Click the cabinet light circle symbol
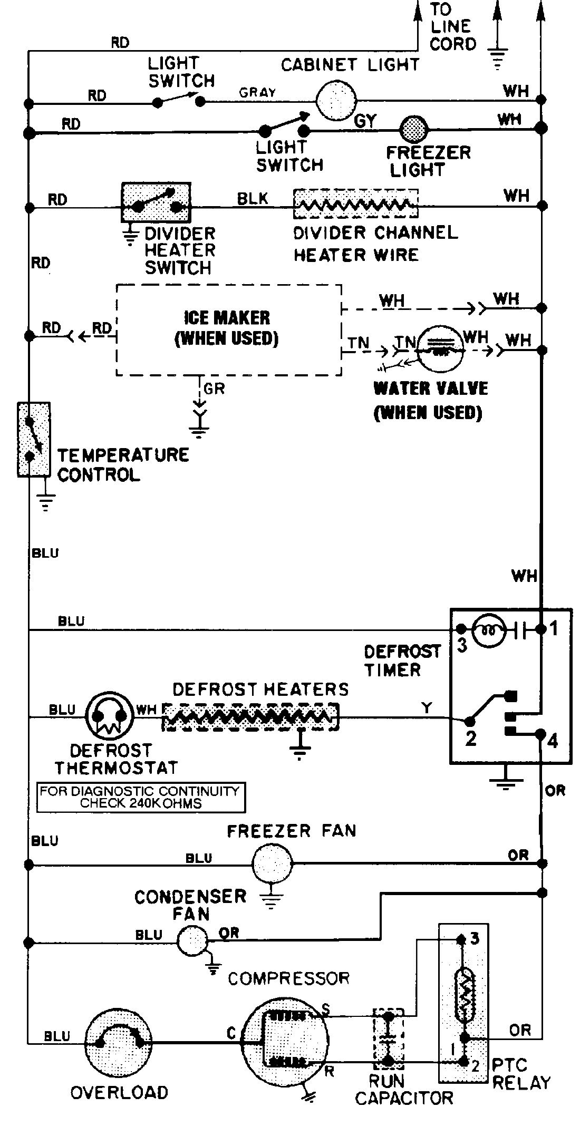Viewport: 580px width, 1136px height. tap(336, 100)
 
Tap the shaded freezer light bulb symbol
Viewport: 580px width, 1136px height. tap(414, 128)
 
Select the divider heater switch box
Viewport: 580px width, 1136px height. tap(156, 202)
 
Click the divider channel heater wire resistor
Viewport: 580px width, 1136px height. tap(355, 203)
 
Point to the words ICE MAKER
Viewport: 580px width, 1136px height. tap(227, 318)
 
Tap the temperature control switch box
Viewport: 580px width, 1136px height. tap(34, 439)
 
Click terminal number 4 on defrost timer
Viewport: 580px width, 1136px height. tap(552, 741)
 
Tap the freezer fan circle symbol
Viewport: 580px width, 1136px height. tap(272, 863)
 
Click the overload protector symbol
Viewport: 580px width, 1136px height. tap(118, 1042)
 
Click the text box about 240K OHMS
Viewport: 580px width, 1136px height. tap(141, 797)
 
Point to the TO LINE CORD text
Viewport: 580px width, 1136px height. tap(452, 26)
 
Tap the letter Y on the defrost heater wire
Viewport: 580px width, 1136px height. tap(427, 707)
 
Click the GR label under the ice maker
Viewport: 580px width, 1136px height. tap(215, 389)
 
